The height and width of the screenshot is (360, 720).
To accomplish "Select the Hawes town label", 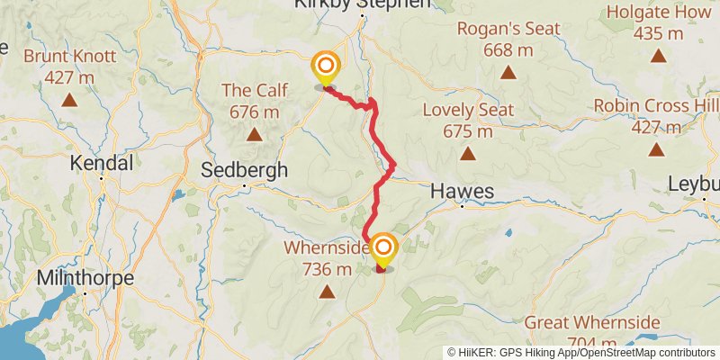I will click(x=463, y=191).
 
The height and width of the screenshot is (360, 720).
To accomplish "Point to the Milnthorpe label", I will click(x=85, y=278).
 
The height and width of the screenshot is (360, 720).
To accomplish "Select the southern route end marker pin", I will click(x=383, y=249).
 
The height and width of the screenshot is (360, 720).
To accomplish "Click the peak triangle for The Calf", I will click(x=255, y=135).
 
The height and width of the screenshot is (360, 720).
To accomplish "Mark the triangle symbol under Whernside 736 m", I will click(x=327, y=291).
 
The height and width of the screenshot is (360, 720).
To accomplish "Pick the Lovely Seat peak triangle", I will click(x=468, y=154).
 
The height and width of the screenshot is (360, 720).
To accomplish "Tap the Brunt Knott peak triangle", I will click(x=69, y=99).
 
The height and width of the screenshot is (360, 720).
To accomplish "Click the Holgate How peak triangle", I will click(x=659, y=57).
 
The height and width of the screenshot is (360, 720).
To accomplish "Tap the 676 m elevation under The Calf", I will click(x=255, y=112).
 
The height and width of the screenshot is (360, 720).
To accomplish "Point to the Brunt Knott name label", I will click(x=69, y=56).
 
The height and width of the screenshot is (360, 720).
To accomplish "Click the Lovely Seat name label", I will click(x=469, y=110).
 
